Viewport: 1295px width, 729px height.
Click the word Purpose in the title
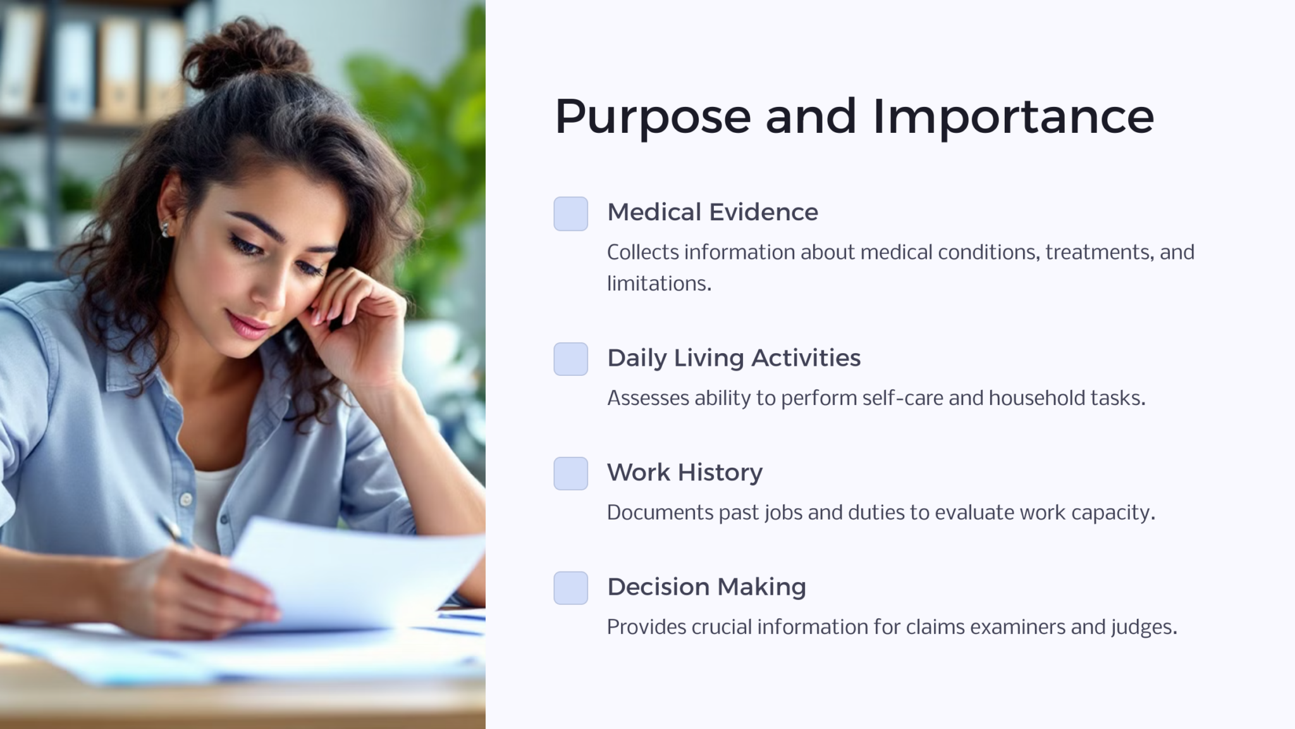(653, 118)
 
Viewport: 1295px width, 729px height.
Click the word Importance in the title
(1013, 118)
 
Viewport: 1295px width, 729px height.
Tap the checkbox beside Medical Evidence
(570, 214)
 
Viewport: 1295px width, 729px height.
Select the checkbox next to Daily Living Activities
(570, 359)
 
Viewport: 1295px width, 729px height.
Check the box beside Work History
(570, 473)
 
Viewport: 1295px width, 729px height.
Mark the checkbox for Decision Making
(570, 588)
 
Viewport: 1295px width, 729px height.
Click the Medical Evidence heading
(712, 212)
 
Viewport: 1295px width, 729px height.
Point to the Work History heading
(684, 473)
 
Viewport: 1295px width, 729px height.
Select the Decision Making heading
(706, 587)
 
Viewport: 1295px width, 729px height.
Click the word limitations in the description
(658, 283)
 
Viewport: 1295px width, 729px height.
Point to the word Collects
(642, 252)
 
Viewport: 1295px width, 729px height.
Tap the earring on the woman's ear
(166, 228)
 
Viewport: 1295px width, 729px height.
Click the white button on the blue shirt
(186, 499)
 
